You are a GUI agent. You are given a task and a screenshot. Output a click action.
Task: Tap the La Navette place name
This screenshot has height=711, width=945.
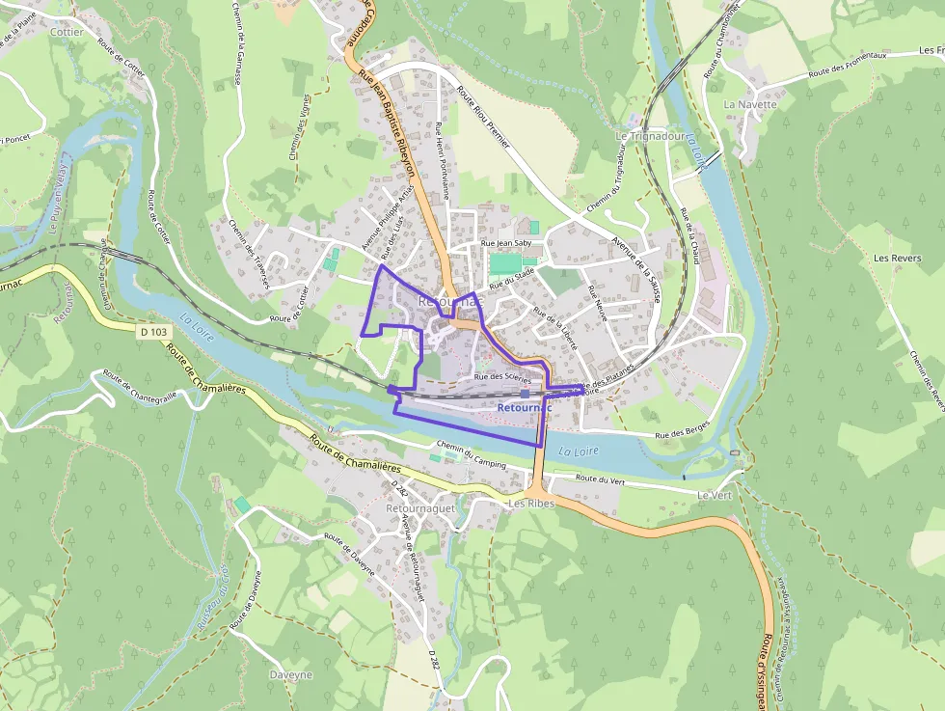click(749, 103)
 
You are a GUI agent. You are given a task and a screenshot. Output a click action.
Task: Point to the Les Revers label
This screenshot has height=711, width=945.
click(896, 259)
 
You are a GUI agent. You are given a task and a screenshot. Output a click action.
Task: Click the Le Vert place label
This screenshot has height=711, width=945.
click(715, 494)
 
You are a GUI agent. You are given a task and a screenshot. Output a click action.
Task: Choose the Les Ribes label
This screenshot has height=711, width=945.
click(532, 504)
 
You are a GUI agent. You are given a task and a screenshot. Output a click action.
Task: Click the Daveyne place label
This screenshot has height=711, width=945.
click(291, 674)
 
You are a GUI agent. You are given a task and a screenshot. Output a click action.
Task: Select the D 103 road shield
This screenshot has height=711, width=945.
click(152, 332)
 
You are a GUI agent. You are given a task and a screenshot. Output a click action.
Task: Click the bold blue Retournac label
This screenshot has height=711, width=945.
click(525, 408)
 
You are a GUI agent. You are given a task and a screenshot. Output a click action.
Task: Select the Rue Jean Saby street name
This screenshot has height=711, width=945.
click(507, 243)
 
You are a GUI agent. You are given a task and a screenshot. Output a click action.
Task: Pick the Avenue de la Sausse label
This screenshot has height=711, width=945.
click(635, 271)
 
